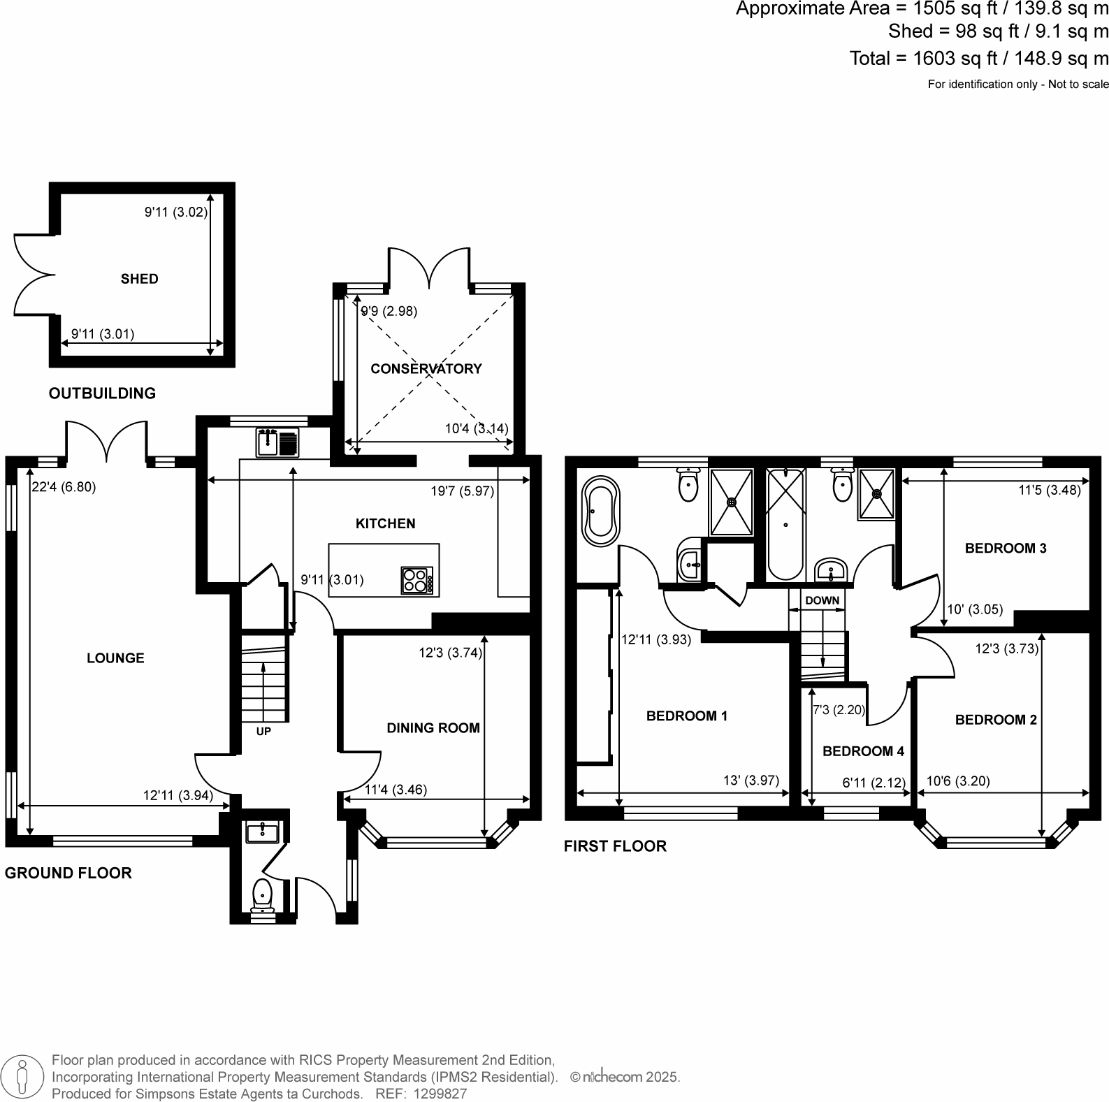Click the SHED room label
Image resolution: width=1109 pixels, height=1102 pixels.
coord(139,279)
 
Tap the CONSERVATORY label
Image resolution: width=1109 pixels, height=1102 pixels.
coord(426,368)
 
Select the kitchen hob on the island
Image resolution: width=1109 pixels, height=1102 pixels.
coord(416,580)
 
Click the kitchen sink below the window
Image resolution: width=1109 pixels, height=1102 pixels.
coord(277,442)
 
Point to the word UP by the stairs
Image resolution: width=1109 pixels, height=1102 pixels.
coord(263,732)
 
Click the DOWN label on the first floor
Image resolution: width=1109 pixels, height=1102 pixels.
coord(822,600)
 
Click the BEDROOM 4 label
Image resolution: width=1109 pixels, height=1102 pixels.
coord(863,751)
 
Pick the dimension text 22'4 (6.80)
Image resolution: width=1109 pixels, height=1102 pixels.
coord(64,487)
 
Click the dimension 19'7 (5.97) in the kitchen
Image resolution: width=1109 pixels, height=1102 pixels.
coord(462,491)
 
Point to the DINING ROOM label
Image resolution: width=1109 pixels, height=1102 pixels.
coord(433,727)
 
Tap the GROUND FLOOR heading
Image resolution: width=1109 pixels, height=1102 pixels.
coord(68,873)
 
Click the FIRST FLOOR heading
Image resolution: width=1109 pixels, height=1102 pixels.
coord(615,846)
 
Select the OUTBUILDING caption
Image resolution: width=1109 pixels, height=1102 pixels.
coord(102,393)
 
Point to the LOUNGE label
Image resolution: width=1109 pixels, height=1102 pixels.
coord(115,658)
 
